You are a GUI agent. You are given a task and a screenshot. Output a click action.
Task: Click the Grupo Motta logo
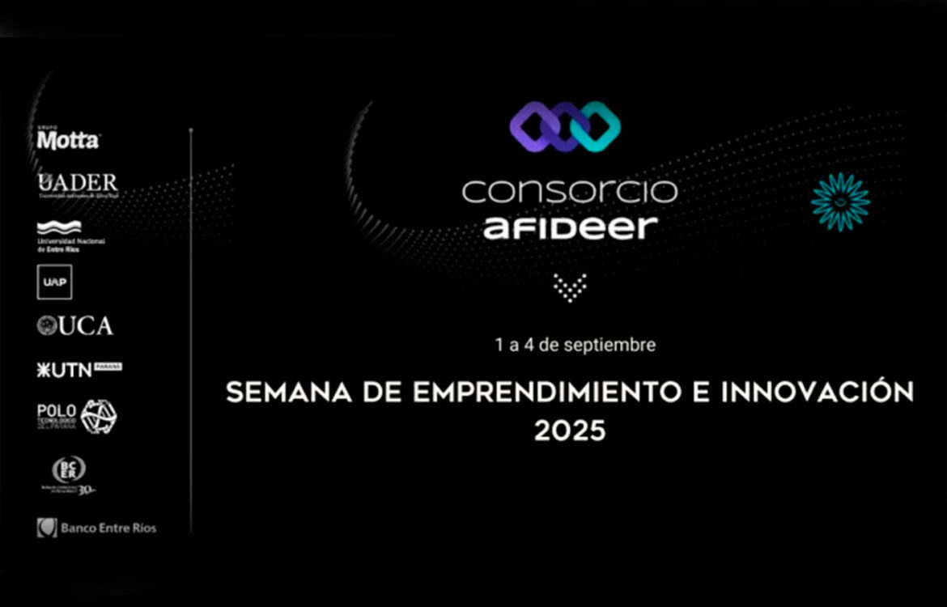68,139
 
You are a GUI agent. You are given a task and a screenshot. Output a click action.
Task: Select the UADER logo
78,185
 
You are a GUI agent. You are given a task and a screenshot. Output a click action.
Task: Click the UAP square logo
54,282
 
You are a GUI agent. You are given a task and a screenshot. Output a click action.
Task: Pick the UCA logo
75,325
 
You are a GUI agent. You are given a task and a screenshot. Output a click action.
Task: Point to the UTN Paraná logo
79,369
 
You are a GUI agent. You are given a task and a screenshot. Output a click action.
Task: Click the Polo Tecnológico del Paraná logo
77,416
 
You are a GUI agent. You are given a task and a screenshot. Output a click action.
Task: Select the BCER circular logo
69,473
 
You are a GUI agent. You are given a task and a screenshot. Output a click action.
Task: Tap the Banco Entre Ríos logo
96,528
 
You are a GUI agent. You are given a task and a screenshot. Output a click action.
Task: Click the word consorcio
569,191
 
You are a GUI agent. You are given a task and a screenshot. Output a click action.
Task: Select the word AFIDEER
571,227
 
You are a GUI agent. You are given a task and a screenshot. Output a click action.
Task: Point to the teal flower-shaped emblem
840,202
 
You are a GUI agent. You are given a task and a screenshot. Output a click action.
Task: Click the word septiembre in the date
614,345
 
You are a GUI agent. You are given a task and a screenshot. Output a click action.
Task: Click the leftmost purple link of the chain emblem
534,127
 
